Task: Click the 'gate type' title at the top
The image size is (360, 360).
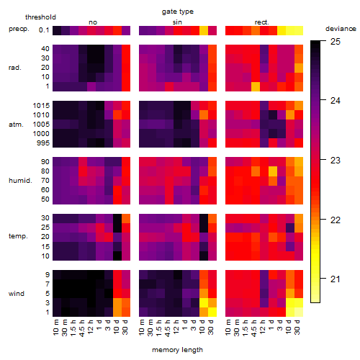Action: tap(178, 12)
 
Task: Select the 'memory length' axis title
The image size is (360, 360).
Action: tap(177, 350)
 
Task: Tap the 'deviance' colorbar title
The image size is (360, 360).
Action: tap(341, 29)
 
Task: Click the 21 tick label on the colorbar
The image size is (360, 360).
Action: tap(336, 279)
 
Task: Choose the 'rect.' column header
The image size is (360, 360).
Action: tap(262, 22)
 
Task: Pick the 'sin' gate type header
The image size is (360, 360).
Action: tap(177, 22)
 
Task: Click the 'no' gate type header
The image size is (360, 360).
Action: tap(93, 22)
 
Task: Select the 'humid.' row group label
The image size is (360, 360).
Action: tap(20, 181)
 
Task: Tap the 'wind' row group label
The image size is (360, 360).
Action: tap(17, 294)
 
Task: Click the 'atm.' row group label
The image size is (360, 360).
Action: tap(16, 125)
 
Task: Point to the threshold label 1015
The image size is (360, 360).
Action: tap(41, 106)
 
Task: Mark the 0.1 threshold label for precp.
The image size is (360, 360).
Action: tap(44, 30)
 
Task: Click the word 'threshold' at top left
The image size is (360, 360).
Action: tap(40, 17)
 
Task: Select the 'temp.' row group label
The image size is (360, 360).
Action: tap(18, 236)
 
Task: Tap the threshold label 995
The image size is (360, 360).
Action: tap(43, 143)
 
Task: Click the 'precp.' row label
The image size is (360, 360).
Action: tap(19, 29)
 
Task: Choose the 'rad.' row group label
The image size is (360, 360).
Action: tap(15, 68)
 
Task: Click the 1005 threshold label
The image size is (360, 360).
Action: tap(41, 125)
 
